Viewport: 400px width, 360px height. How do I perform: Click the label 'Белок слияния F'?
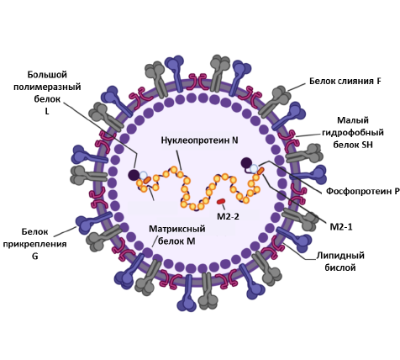345,81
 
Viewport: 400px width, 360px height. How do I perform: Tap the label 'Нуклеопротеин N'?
199,140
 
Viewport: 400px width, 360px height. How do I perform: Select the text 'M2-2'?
228,216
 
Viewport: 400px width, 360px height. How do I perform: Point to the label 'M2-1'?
341,226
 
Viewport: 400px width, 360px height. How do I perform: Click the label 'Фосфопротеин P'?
363,191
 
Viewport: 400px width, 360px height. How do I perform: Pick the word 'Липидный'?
340,256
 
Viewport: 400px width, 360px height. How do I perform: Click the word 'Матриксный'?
177,229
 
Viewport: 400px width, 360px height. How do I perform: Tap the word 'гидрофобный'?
353,132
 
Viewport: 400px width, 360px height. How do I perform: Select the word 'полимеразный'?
47,87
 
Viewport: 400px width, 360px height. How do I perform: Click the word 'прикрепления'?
34,244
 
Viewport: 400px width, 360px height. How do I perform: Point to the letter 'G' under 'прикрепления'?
35,257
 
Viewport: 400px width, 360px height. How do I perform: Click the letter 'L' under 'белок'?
47,111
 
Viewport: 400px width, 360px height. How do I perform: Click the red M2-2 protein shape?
221,201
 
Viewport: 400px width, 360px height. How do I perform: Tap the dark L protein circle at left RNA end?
134,175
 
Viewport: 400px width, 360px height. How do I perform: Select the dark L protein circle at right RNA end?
246,163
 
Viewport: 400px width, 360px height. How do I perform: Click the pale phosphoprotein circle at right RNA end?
254,169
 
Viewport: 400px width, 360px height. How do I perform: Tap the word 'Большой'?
47,75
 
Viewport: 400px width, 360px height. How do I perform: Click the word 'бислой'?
340,267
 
